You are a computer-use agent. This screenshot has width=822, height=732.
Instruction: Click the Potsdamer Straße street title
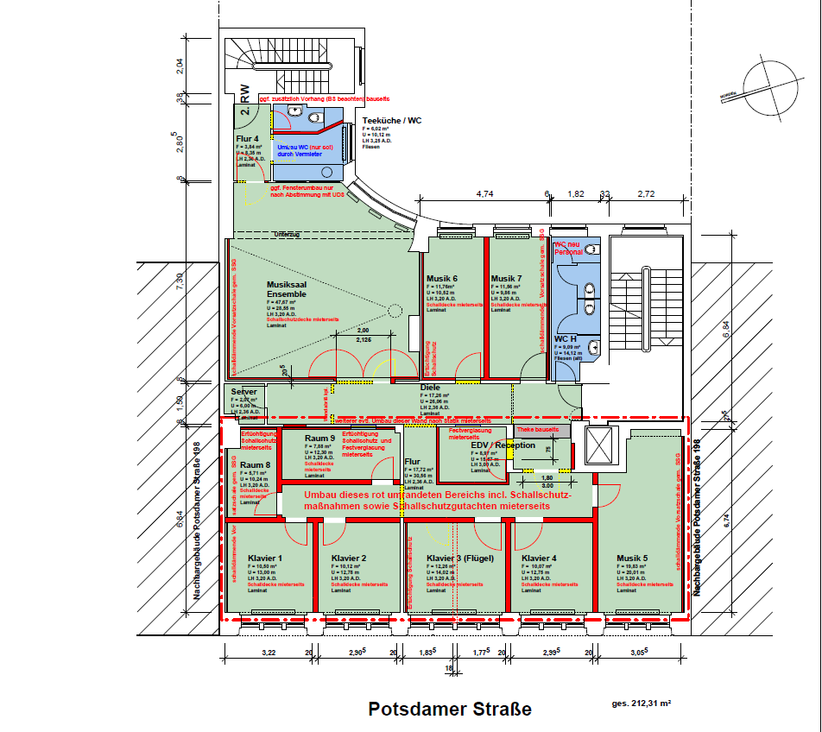pos(450,710)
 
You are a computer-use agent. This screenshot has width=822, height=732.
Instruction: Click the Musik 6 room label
pos(441,278)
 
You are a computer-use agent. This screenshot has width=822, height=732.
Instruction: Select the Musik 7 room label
pos(506,278)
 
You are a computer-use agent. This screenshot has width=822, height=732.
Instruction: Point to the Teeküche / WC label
pos(392,120)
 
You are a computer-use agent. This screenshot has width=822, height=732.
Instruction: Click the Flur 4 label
pos(247,139)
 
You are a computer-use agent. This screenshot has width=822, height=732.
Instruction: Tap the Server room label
pos(243,392)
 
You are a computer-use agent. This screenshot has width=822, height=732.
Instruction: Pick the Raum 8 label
pos(255,465)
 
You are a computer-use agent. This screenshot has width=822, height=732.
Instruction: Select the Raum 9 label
pos(319,439)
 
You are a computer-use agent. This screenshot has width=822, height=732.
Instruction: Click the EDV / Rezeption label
pos(503,445)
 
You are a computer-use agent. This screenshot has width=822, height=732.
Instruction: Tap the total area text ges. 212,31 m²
pos(642,704)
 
